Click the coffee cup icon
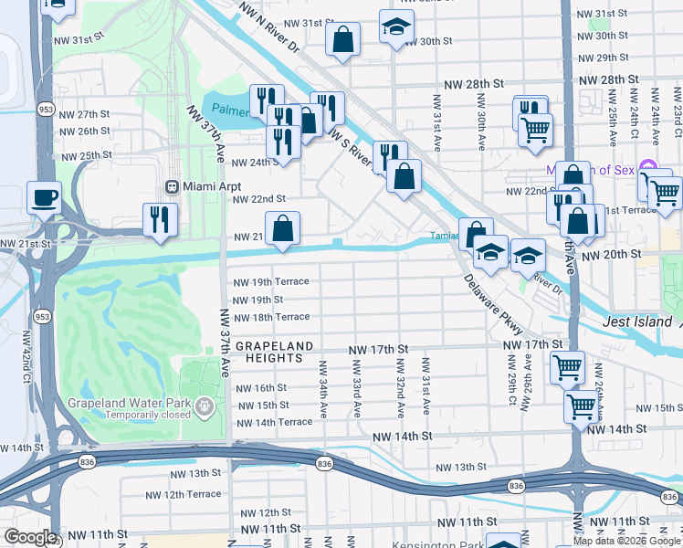[45, 196]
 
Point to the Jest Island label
[636, 322]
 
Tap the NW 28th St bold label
[474, 83]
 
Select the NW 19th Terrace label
[271, 281]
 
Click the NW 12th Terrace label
[184, 494]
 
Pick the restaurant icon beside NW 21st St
[161, 220]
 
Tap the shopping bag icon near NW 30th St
[342, 39]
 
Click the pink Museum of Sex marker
[648, 167]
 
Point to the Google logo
[30, 537]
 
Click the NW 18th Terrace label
[271, 317]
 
